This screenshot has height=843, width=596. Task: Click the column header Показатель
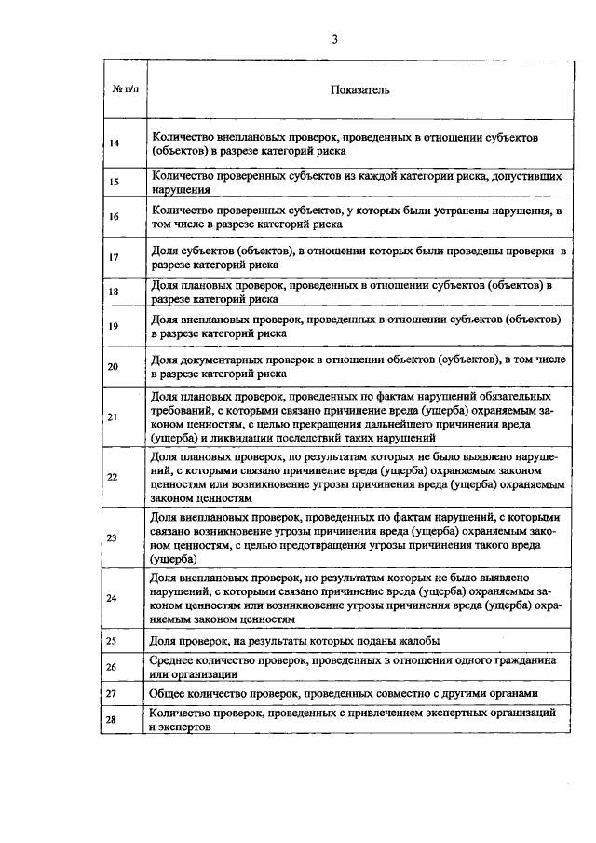(x=359, y=90)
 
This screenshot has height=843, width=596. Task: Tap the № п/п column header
(x=125, y=90)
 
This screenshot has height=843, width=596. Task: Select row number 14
(x=114, y=143)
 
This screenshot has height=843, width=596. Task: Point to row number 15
(x=114, y=183)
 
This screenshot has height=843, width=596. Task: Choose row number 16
(x=114, y=217)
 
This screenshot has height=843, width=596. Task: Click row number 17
(x=114, y=256)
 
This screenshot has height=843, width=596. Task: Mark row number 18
(x=114, y=292)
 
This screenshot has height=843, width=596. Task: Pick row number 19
(x=114, y=326)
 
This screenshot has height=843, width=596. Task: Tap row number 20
(x=114, y=366)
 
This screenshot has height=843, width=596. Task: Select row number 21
(x=114, y=416)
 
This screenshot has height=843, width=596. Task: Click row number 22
(x=114, y=477)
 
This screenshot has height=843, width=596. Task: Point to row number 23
(x=114, y=538)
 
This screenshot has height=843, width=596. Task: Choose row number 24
(x=114, y=598)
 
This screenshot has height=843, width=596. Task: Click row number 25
(x=114, y=642)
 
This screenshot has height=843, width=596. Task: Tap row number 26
(x=114, y=667)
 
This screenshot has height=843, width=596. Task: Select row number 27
(x=114, y=694)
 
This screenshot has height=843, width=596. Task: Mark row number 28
(x=114, y=720)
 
